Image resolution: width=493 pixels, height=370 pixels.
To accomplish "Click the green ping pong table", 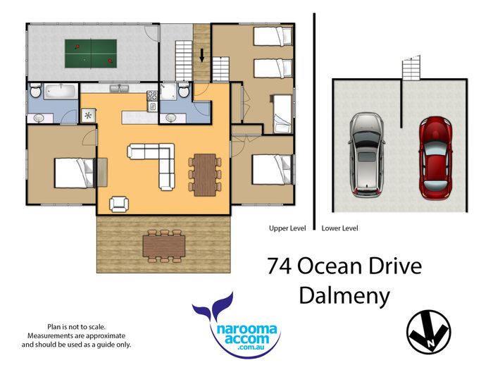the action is [91, 54].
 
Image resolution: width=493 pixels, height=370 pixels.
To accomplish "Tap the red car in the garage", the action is [435, 159].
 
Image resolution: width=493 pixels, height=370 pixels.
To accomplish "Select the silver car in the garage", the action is [367, 155].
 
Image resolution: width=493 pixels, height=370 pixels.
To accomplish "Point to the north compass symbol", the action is [428, 332].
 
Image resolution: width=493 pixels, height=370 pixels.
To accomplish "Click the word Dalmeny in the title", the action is [344, 296].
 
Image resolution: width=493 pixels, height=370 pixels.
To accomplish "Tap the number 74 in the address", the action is [279, 266].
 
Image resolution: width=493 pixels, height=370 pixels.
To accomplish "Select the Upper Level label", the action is [287, 228].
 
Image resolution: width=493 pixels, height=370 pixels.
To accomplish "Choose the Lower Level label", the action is [339, 228].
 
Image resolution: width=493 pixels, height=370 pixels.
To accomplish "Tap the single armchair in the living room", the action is [119, 204].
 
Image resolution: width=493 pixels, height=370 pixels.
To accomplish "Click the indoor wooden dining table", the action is [205, 175].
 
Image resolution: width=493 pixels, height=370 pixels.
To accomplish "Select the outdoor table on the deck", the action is [164, 246].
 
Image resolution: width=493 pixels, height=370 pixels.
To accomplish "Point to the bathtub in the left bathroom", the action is [61, 92].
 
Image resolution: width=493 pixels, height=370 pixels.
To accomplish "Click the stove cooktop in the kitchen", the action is [152, 95].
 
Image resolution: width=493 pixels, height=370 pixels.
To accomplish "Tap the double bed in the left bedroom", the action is [75, 173].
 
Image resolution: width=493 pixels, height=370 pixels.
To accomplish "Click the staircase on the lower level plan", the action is [411, 68].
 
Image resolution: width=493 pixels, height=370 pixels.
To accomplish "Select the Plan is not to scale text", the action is [76, 327].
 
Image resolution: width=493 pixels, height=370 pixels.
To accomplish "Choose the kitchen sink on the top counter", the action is [119, 88].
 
